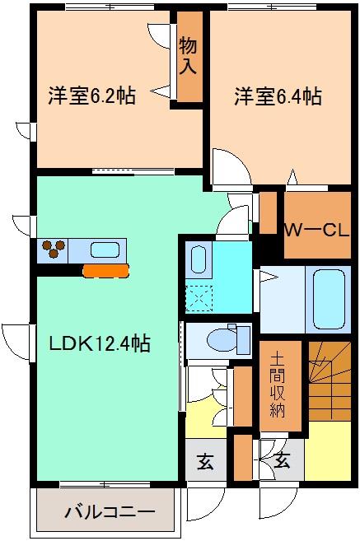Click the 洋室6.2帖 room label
coord(91,96)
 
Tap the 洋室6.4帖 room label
coord(278,96)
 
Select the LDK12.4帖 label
coord(100,343)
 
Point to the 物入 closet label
coord(188,56)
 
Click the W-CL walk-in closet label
coord(316,230)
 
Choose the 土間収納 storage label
coord(278,385)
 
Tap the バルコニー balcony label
coord(110,511)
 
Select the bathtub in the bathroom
coord(329,299)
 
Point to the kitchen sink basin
coord(105,250)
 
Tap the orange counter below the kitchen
coord(105,271)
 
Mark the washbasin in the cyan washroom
coord(199,259)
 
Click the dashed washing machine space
coord(199,299)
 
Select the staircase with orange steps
coord(330,381)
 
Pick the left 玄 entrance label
coord(205,462)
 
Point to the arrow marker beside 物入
coord(160,91)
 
